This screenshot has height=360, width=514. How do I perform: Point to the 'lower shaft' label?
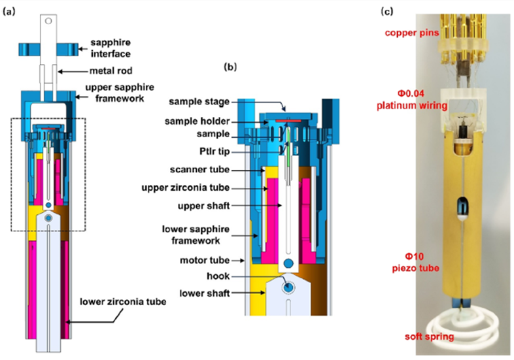[x=208, y=293]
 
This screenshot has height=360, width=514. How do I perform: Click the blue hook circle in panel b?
[x=288, y=263]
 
